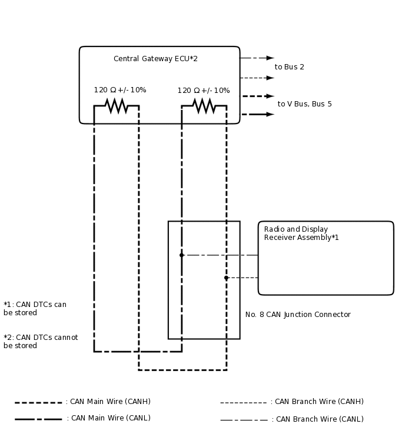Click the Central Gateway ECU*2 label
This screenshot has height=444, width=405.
click(x=155, y=59)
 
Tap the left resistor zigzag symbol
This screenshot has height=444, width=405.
click(x=117, y=106)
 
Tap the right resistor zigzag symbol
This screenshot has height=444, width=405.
click(x=204, y=106)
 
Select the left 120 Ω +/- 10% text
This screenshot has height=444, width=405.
click(x=120, y=90)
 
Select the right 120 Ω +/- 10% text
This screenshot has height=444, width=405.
click(x=204, y=91)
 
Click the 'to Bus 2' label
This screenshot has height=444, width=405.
click(x=290, y=67)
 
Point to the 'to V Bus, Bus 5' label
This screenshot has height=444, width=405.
click(x=304, y=104)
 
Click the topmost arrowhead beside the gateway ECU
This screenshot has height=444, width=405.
click(x=270, y=58)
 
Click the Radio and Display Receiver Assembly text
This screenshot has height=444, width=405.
click(x=301, y=233)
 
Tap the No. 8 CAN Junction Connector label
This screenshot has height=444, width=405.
click(x=298, y=315)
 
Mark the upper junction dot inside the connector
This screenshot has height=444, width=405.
click(x=181, y=255)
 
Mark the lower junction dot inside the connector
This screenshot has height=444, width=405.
click(x=226, y=278)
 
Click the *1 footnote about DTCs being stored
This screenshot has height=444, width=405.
click(x=35, y=309)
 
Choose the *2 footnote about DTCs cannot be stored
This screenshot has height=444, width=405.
click(x=41, y=342)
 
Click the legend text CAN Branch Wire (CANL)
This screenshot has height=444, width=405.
click(x=319, y=419)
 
